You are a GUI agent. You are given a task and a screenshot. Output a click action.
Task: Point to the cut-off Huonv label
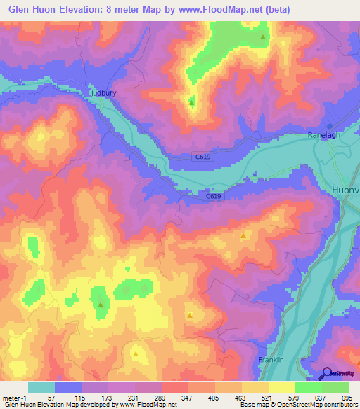[x=345, y=189]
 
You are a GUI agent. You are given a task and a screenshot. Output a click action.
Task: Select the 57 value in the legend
[x=51, y=398]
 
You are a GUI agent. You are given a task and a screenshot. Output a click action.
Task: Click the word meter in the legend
[x=11, y=398]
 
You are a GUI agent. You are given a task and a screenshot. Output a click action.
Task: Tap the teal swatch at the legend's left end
[x=41, y=387]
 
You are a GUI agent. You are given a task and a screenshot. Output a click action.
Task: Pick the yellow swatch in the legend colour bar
[x=281, y=387]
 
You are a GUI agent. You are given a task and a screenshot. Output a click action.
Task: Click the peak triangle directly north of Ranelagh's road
[x=263, y=37]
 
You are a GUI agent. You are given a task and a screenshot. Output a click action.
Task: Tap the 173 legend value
[x=105, y=398]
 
